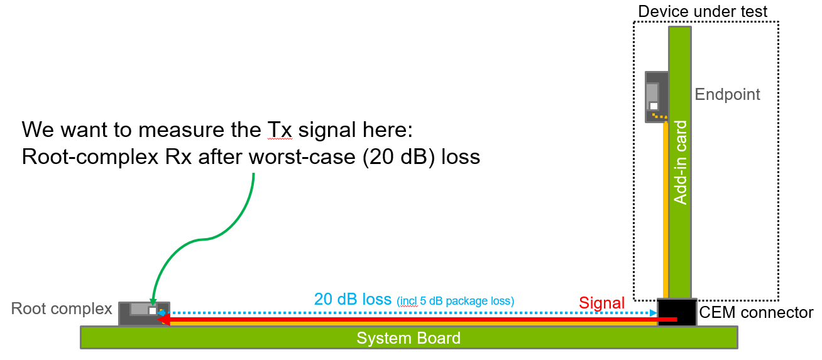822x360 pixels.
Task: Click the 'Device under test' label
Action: pos(703,11)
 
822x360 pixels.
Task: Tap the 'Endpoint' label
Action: pos(727,95)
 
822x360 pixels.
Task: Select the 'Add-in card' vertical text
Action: pos(680,162)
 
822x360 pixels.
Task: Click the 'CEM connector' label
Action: pos(756,313)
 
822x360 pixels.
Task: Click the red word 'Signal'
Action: pos(601,303)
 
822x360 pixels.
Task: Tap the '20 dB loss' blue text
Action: pos(353,300)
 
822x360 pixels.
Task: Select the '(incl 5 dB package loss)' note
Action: pos(456,302)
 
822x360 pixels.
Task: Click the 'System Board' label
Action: pos(408,338)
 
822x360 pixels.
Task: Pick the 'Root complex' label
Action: pos(62,308)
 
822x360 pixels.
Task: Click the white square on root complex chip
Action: pos(152,310)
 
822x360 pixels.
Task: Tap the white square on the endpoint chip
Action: pos(654,106)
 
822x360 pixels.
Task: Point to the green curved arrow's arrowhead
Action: pos(151,303)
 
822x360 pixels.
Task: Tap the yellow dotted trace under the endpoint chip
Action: pos(659,117)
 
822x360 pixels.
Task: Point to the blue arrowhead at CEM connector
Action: pos(654,312)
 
